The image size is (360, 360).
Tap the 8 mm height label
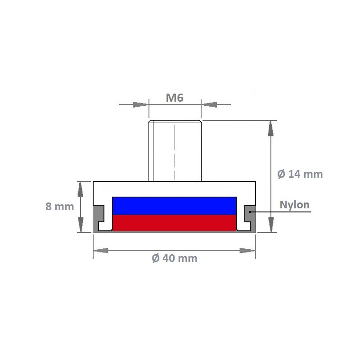(x=59, y=207)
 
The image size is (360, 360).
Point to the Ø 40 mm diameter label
(x=175, y=258)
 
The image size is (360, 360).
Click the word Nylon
(x=295, y=205)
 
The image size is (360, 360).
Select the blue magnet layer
(x=174, y=206)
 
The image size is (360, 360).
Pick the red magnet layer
(x=174, y=222)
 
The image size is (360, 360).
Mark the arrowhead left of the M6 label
(x=141, y=104)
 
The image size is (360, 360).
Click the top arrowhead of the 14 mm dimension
(x=270, y=128)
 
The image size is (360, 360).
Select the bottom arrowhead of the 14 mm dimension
(x=270, y=225)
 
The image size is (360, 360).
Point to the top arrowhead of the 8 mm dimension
(x=81, y=189)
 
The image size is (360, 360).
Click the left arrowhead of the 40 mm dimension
(x=101, y=250)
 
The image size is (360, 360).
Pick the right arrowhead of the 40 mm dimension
(x=247, y=250)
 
